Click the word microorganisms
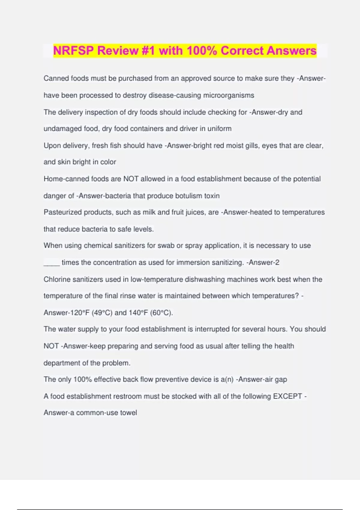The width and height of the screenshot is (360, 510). [229, 95]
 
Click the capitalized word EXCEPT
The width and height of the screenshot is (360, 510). [287, 396]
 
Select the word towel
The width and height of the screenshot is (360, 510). [128, 412]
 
